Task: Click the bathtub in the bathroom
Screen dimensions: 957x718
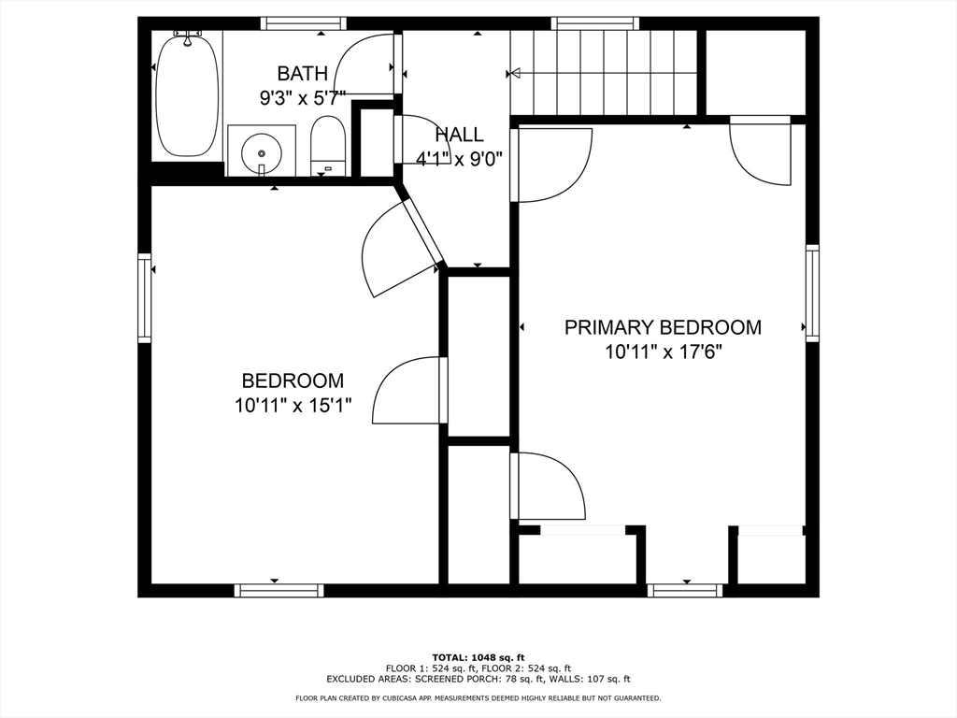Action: pyautogui.click(x=187, y=95)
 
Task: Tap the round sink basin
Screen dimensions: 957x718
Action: pyautogui.click(x=262, y=154)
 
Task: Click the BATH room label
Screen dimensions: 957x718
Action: pyautogui.click(x=303, y=73)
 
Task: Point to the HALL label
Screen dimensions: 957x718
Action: pyautogui.click(x=459, y=135)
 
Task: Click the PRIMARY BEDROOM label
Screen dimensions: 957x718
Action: pyautogui.click(x=663, y=327)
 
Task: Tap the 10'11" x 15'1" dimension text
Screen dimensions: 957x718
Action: pyautogui.click(x=293, y=406)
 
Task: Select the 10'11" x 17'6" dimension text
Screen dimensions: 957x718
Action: pyautogui.click(x=664, y=352)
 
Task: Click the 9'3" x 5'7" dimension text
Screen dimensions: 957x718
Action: pyautogui.click(x=303, y=97)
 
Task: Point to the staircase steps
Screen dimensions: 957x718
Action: pyautogui.click(x=603, y=72)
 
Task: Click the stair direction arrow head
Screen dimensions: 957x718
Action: pyautogui.click(x=514, y=74)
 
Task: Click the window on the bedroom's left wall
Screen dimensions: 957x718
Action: pyautogui.click(x=144, y=298)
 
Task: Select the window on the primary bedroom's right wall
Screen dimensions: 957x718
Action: pyautogui.click(x=812, y=293)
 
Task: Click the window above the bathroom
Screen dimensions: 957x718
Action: pyautogui.click(x=304, y=23)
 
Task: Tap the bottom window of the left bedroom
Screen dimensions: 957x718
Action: pyautogui.click(x=279, y=591)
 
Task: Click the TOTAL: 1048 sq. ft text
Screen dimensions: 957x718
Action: pyautogui.click(x=478, y=657)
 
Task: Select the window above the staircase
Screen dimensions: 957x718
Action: pyautogui.click(x=595, y=23)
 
